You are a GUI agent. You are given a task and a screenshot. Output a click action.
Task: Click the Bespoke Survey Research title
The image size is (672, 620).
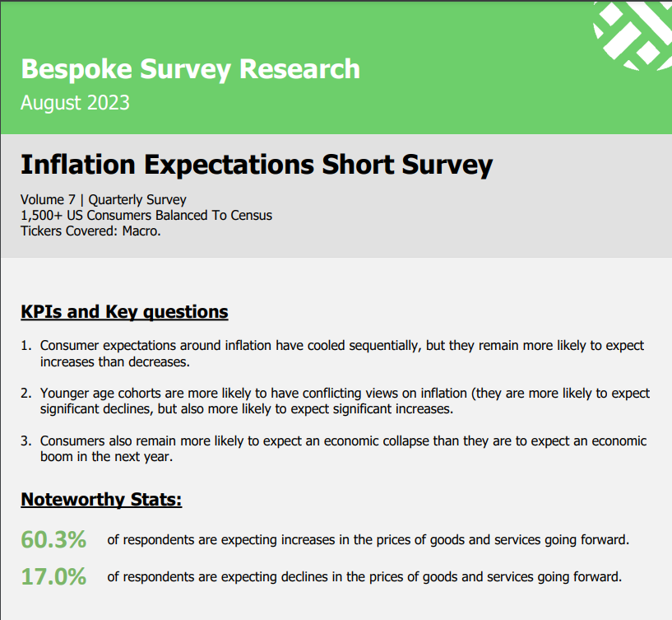tap(190, 69)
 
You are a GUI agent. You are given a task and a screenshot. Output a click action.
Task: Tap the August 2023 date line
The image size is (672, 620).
tap(75, 104)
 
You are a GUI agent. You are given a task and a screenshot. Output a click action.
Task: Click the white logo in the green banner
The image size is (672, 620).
tap(633, 35)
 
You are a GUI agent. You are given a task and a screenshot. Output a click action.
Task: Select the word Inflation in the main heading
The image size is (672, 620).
tap(78, 165)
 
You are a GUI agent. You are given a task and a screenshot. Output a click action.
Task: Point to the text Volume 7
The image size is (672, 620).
tap(48, 199)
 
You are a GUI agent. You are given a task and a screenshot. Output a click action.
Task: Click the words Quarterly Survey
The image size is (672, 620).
tap(137, 200)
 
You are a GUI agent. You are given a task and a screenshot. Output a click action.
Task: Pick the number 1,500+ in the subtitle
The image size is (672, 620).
tap(42, 216)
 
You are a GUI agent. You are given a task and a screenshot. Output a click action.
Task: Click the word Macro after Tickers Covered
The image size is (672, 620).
tap(141, 231)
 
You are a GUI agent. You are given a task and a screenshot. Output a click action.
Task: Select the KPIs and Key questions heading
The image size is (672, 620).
tap(124, 312)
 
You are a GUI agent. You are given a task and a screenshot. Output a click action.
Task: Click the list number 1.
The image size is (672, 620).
tap(25, 345)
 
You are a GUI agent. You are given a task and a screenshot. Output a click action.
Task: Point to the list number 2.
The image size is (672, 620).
tap(25, 393)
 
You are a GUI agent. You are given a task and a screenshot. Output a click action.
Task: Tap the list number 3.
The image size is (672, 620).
tap(25, 441)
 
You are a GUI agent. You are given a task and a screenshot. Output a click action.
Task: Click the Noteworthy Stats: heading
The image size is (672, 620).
tap(101, 500)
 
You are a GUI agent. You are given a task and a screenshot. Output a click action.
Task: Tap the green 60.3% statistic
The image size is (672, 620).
tap(53, 540)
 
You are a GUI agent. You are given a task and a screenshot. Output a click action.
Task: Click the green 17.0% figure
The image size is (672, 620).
tap(53, 576)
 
